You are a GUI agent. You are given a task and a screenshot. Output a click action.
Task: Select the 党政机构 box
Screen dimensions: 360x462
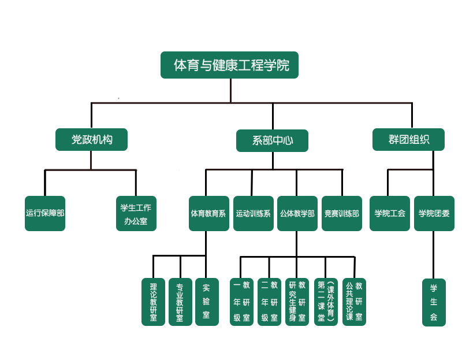click(x=92, y=140)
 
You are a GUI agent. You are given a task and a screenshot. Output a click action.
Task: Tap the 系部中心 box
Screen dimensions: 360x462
click(x=272, y=140)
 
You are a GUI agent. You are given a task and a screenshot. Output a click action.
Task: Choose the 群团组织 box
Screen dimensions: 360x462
click(x=409, y=139)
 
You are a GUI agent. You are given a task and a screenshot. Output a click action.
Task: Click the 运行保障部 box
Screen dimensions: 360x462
click(x=45, y=213)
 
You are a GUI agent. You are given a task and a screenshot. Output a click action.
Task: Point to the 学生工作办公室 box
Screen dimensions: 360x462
click(x=136, y=214)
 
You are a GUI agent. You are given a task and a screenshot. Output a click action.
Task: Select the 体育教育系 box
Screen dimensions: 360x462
click(x=208, y=213)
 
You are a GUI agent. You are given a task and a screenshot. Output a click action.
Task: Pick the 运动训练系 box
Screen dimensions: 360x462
click(x=253, y=213)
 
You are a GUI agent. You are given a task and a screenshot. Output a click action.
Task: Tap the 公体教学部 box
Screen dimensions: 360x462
click(x=297, y=213)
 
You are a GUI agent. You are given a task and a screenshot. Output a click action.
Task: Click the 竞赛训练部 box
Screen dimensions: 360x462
click(x=341, y=213)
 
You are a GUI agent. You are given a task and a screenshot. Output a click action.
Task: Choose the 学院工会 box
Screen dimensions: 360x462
click(x=390, y=213)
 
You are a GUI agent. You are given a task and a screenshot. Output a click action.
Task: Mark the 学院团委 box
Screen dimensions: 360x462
click(x=434, y=213)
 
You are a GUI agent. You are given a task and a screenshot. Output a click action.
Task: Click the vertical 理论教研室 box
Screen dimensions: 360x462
click(x=153, y=302)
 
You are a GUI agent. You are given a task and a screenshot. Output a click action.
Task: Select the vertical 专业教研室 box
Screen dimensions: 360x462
click(x=180, y=302)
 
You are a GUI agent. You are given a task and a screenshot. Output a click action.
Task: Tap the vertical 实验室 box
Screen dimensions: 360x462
click(x=206, y=302)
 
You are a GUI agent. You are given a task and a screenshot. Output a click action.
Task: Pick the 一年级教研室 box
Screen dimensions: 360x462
click(x=241, y=302)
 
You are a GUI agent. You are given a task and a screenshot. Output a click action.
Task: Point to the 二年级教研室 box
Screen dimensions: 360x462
click(x=269, y=302)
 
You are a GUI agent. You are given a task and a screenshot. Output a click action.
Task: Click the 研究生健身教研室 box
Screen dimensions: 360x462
click(x=297, y=302)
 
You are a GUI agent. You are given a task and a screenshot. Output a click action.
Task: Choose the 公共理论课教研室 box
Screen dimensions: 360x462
click(x=354, y=302)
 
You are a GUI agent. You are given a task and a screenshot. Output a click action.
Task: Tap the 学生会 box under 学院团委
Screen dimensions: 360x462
click(x=434, y=302)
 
